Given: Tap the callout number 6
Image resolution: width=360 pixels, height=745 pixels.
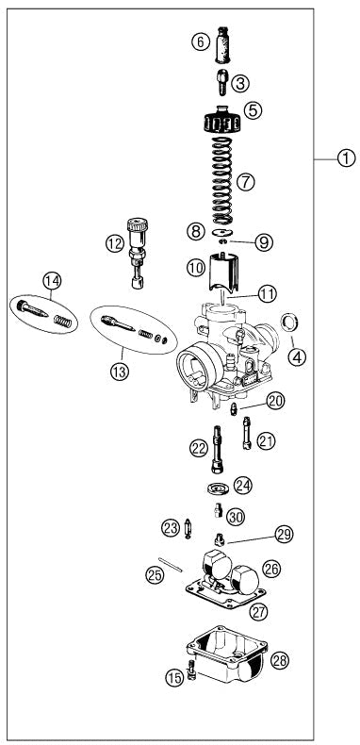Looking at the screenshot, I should [199, 41].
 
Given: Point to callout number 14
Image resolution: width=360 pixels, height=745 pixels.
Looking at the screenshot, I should [51, 279].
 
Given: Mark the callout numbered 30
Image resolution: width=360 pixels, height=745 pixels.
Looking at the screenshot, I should [235, 516].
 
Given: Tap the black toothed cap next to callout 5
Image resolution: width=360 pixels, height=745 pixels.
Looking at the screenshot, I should [222, 123].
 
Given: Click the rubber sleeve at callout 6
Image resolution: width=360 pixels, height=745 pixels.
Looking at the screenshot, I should [222, 45].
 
